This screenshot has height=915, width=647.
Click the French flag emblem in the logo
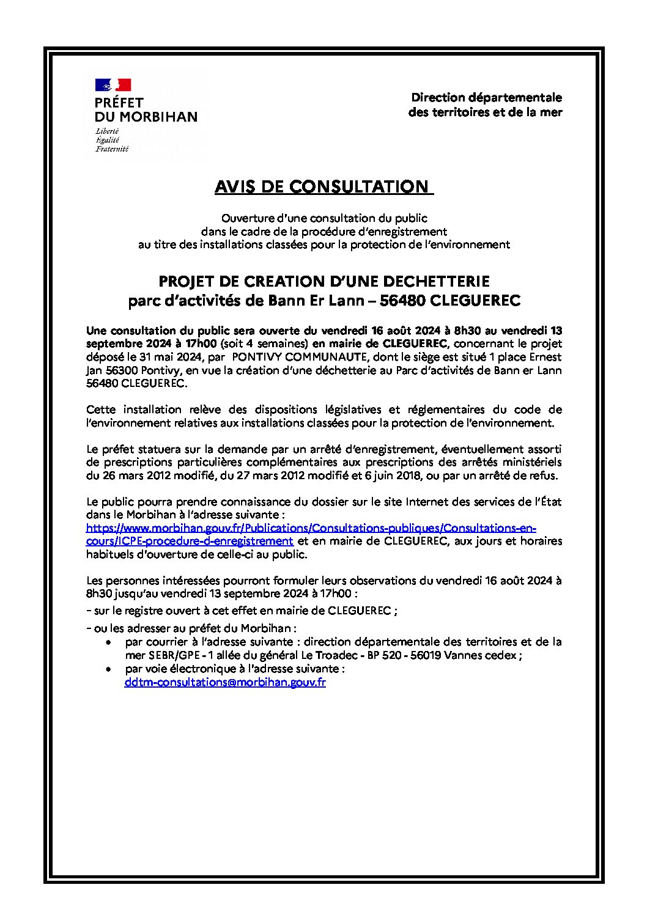(113, 84)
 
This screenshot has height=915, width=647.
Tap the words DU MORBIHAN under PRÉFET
(146, 116)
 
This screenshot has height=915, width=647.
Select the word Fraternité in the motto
(111, 149)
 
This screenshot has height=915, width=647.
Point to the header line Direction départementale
(486, 98)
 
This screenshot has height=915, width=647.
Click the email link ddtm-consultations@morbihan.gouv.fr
(224, 682)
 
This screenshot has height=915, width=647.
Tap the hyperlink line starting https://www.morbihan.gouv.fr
(311, 527)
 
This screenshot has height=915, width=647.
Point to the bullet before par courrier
(108, 643)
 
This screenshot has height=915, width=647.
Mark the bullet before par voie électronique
(108, 670)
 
